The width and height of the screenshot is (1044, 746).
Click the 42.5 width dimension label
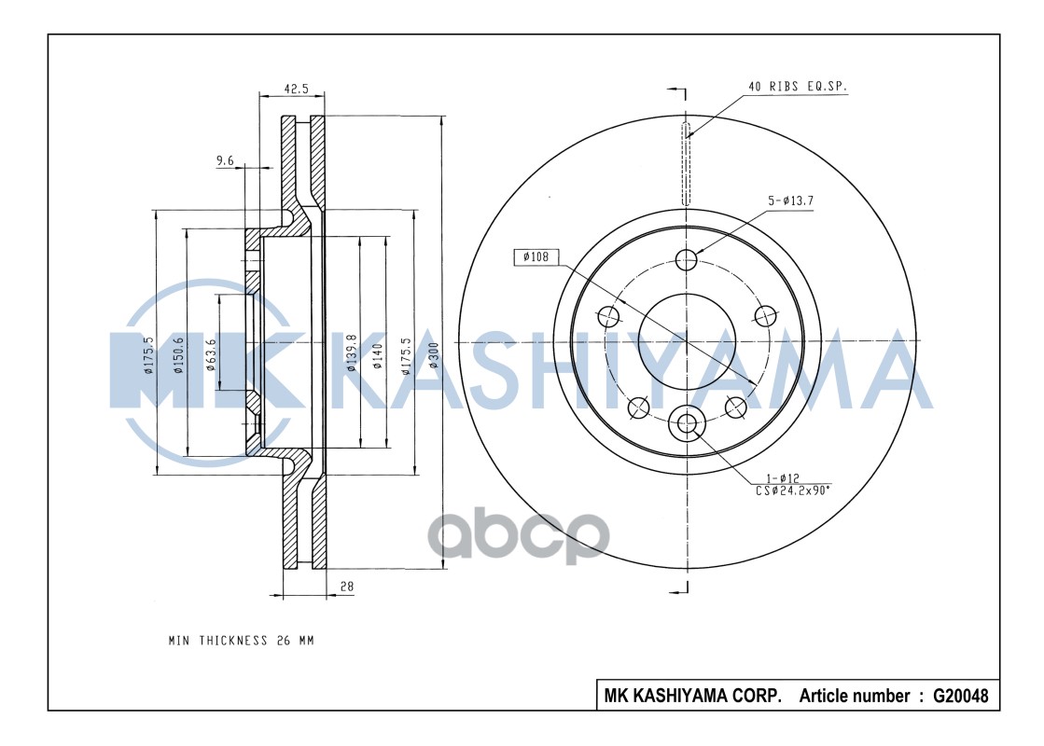pos(296,90)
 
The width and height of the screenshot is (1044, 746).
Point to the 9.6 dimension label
pos(225,161)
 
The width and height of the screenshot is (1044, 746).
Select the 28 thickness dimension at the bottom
pos(347,587)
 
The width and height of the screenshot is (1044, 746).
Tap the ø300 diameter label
pos(433,356)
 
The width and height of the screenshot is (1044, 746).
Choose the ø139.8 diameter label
pos(352,353)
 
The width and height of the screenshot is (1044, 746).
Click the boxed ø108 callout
pos(535,256)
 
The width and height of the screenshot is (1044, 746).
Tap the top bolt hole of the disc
pos(688,259)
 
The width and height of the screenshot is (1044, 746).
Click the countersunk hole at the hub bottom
pos(688,424)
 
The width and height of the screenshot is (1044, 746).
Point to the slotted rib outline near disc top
pos(688,163)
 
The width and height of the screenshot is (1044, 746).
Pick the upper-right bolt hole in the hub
pos(766,315)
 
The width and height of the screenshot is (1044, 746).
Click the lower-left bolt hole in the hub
pos(639,407)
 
